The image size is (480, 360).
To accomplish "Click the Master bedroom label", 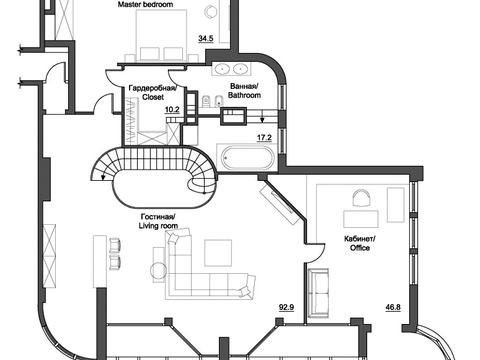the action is point(145,4).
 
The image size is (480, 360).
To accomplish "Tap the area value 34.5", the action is point(206,38).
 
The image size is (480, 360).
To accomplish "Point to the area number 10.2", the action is point(172,109).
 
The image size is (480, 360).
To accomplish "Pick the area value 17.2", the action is point(264,137).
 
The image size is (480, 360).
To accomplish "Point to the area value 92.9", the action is point(287,307).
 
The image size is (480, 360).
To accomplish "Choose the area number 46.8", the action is point(393,307).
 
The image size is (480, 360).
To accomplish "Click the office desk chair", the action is point(362,198).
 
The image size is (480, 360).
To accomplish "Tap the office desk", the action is point(361,219).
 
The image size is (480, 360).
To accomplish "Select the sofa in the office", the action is point(319,293).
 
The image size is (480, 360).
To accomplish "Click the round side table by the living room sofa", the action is point(158,270).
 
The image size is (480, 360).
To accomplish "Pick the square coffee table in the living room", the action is point(218,253).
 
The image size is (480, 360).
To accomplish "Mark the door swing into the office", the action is point(315,253).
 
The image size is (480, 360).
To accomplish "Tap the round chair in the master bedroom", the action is point(211,12).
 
